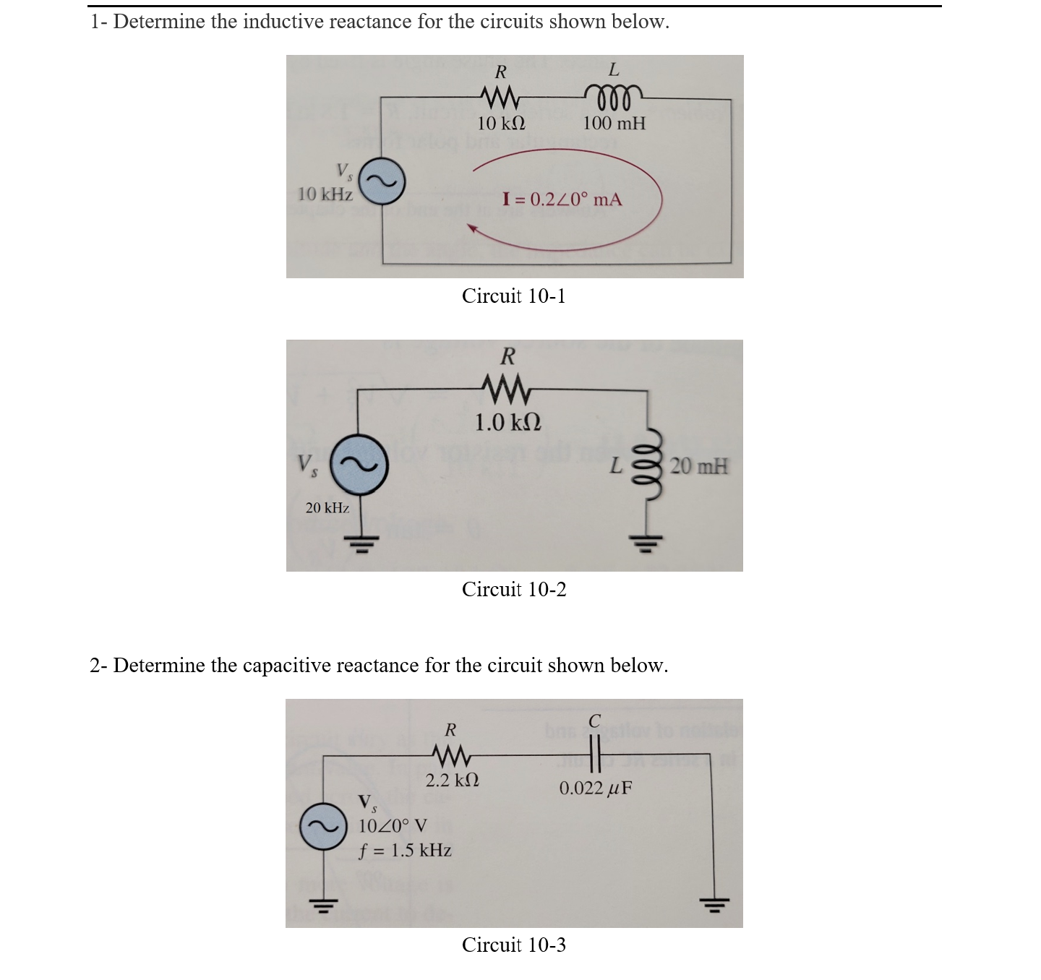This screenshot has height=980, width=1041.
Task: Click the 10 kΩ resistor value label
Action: [501, 123]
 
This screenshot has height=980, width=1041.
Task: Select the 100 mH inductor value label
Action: [614, 123]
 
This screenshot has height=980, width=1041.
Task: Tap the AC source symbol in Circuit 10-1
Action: [383, 184]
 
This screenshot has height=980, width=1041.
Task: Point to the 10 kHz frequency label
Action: [325, 194]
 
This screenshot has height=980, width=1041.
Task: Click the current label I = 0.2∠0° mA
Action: [562, 199]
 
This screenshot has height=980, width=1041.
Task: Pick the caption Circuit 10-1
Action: [514, 296]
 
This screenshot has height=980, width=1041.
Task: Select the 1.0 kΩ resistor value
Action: [508, 422]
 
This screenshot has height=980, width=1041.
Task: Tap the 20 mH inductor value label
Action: [698, 466]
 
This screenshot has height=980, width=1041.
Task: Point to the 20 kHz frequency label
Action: [327, 508]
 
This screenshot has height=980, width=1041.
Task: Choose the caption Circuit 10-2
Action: [514, 590]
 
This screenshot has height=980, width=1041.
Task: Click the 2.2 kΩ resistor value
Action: [452, 781]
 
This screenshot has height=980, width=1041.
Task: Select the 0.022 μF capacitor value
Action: [595, 788]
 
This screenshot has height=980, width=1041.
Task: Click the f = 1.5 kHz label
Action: [405, 850]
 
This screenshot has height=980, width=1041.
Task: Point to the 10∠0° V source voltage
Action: [393, 825]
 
